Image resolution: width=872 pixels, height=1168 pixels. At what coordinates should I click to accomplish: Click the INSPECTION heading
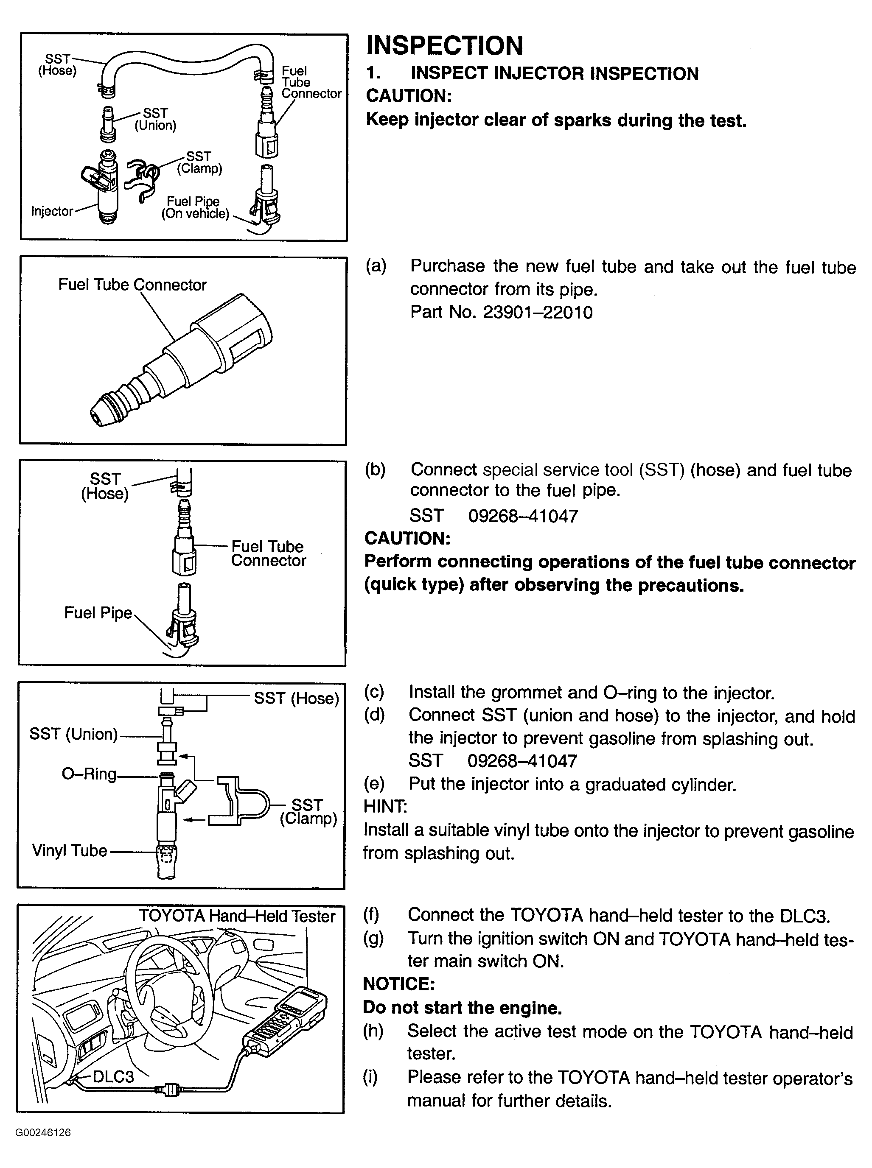tap(444, 45)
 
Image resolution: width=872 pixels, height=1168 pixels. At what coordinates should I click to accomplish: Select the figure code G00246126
tap(43, 1133)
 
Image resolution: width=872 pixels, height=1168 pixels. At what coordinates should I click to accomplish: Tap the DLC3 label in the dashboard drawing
tap(113, 1076)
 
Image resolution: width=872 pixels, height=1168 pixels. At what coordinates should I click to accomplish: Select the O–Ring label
tap(89, 774)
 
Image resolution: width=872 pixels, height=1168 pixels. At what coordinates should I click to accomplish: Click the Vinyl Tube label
tap(69, 850)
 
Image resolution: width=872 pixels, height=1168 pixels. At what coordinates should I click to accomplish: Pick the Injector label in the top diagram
tap(52, 211)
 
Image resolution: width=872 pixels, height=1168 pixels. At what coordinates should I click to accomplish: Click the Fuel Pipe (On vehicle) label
tap(195, 207)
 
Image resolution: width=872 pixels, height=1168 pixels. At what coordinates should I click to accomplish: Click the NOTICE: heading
tap(398, 984)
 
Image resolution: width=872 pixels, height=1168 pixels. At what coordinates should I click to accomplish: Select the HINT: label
tap(385, 807)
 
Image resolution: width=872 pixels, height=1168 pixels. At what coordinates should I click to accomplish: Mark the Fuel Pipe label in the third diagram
tap(98, 612)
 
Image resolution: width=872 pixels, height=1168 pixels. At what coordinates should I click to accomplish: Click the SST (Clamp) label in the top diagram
tap(199, 162)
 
